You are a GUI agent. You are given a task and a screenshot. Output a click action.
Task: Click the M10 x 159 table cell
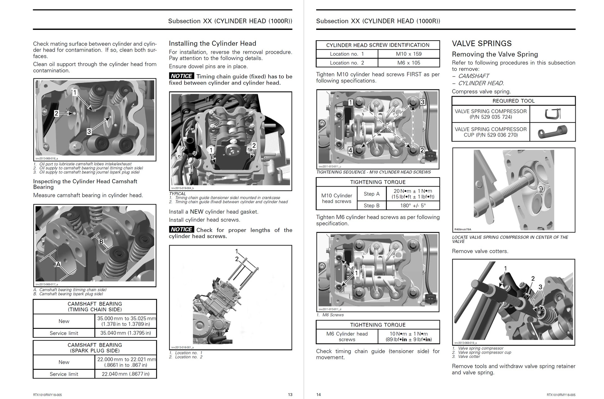[x=409, y=54]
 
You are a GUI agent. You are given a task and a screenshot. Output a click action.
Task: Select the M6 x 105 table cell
[x=409, y=63]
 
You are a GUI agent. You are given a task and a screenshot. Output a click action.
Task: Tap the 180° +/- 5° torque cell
[x=413, y=205]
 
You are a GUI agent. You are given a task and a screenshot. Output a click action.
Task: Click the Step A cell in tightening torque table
[x=372, y=194]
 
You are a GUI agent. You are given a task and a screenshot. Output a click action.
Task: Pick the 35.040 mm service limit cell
[x=126, y=333]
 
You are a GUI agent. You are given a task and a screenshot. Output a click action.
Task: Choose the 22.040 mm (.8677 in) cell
[x=126, y=374]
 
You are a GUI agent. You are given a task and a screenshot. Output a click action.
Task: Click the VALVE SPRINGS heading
[x=482, y=43]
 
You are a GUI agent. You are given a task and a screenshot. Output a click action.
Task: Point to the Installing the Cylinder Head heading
[x=212, y=43]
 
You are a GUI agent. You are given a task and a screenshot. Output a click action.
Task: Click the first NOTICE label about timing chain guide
[x=181, y=76]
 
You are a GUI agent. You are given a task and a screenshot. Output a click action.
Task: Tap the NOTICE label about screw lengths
[x=181, y=229]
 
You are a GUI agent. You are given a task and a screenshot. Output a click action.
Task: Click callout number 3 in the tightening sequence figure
[x=422, y=102]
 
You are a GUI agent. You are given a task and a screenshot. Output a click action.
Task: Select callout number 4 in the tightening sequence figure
[x=350, y=150]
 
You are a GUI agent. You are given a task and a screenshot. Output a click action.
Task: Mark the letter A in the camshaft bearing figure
[x=58, y=265]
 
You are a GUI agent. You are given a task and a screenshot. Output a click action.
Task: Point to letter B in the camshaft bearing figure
[x=101, y=242]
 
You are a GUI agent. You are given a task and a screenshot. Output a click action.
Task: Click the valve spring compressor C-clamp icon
[x=552, y=114]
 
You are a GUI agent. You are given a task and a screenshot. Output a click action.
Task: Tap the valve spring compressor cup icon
[x=552, y=132]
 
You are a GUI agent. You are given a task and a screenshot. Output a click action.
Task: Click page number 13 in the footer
[x=290, y=395]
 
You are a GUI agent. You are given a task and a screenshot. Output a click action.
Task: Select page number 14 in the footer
[x=318, y=395]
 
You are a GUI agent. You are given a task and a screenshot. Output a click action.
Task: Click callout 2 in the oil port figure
[x=56, y=113]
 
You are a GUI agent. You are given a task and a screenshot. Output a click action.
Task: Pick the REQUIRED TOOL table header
[x=513, y=101]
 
